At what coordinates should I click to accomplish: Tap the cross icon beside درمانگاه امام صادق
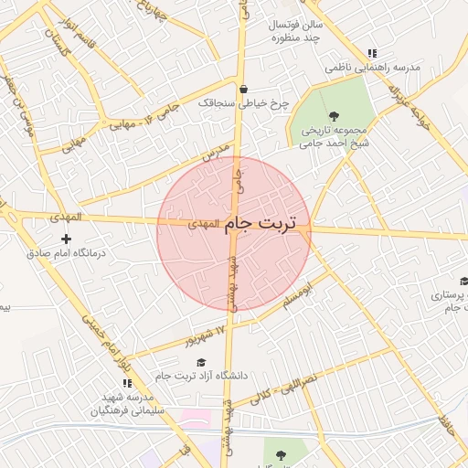65,239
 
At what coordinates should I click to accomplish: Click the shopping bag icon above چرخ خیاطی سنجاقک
244,90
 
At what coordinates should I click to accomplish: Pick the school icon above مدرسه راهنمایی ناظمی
370,54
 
